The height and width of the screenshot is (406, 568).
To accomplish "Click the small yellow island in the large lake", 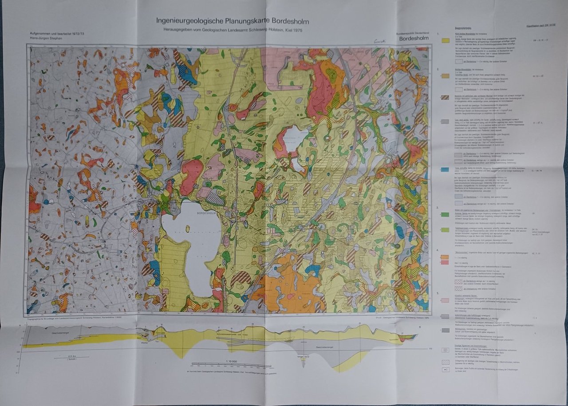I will (188, 229).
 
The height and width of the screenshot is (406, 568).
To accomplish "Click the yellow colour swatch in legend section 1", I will (445, 40).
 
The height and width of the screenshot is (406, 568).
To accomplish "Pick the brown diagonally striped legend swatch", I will (445, 97).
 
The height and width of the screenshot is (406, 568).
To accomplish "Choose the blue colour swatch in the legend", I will (445, 169).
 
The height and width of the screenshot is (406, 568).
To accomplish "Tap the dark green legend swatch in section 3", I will (445, 214).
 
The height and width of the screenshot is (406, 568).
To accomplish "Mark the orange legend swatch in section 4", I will (445, 257).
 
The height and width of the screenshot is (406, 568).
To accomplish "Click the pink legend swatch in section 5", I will (445, 300).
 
